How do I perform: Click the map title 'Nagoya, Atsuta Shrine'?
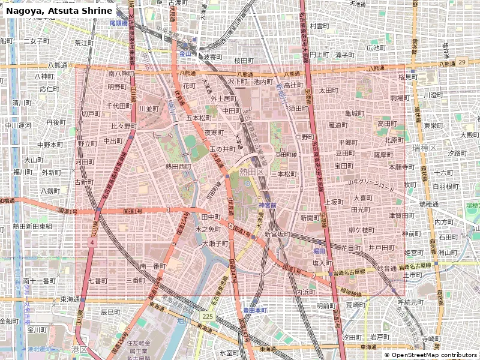[x=59, y=11]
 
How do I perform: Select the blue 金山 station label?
[x=185, y=53]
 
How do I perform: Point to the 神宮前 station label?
[x=268, y=205]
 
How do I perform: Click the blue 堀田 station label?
[x=319, y=250]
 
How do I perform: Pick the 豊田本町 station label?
[x=254, y=310]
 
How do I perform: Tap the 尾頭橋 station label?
[x=119, y=23]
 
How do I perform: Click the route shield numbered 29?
[x=461, y=62]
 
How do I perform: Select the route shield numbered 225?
[x=208, y=316]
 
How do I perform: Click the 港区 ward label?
[x=79, y=349]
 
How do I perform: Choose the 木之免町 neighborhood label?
[x=208, y=229]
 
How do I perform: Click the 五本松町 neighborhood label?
[x=199, y=118]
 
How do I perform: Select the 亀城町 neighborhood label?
[x=355, y=113]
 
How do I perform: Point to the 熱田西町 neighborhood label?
[x=178, y=167]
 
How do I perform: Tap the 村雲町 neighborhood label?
[x=319, y=26]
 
